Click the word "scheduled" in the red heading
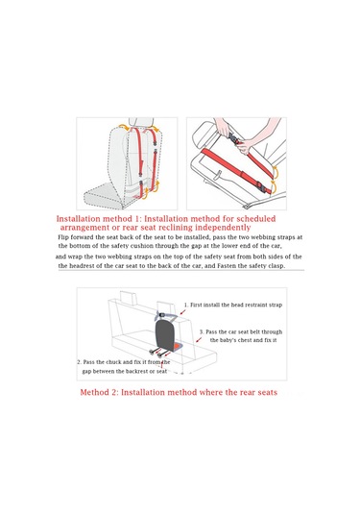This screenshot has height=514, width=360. [256, 219]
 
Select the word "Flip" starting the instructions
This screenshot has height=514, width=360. [63, 237]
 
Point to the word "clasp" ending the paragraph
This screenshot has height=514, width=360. [277, 266]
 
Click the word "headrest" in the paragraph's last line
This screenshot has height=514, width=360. [81, 265]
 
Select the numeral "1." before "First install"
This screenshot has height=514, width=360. [185, 305]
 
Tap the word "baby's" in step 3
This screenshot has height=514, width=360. [228, 340]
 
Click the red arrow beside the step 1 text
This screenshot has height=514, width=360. [183, 311]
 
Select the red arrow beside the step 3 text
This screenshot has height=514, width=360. [199, 339]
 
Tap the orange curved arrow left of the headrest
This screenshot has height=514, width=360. [124, 127]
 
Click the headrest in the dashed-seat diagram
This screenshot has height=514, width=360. [141, 122]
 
